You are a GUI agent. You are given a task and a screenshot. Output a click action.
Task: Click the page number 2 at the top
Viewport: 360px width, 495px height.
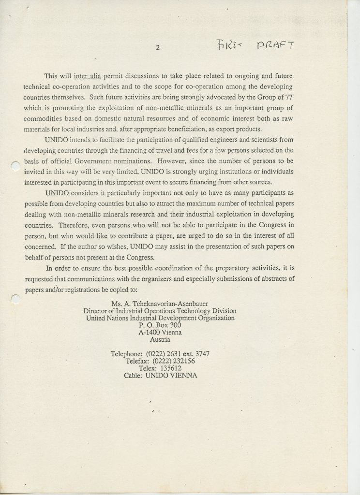(158, 47)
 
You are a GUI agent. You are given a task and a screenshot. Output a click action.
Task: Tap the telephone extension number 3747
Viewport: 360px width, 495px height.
(200, 353)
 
